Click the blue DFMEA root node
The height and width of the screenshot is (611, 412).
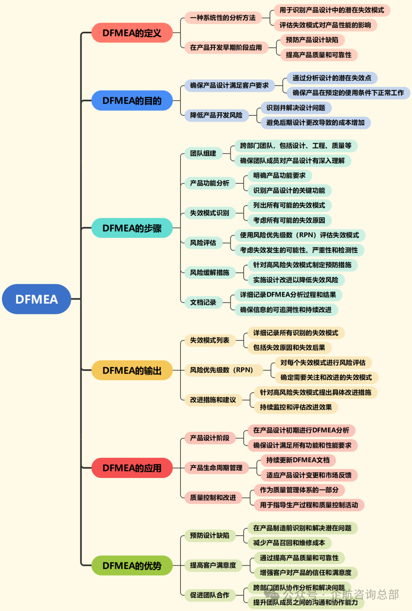coord(37,299)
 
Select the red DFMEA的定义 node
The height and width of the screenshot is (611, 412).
coord(132,33)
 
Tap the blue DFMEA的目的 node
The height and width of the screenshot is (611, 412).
coord(132,101)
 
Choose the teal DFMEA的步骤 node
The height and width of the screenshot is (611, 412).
coord(132,228)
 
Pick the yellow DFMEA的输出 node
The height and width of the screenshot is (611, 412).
coord(132,370)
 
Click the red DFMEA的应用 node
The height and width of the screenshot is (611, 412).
coord(132,468)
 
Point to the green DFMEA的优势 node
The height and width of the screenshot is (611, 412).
coord(132,565)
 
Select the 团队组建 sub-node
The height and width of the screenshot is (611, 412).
coord(203,153)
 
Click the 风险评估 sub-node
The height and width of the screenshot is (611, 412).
coord(203,243)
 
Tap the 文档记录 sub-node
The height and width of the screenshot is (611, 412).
coord(203,302)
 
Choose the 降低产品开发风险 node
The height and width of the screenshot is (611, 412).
coord(216,115)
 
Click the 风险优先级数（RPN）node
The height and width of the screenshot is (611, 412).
coord(223,370)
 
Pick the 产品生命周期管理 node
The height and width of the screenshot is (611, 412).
coord(216,468)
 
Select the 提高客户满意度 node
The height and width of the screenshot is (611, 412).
coord(213,565)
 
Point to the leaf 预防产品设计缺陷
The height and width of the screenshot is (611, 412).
coord(312,40)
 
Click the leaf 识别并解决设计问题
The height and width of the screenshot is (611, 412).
coord(296,108)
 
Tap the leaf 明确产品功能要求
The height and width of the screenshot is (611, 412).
coord(279,176)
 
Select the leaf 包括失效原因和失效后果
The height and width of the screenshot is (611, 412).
coord(289,347)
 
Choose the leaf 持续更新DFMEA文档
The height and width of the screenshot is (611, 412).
coord(298,460)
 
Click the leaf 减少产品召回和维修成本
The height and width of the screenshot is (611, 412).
coord(289,543)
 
